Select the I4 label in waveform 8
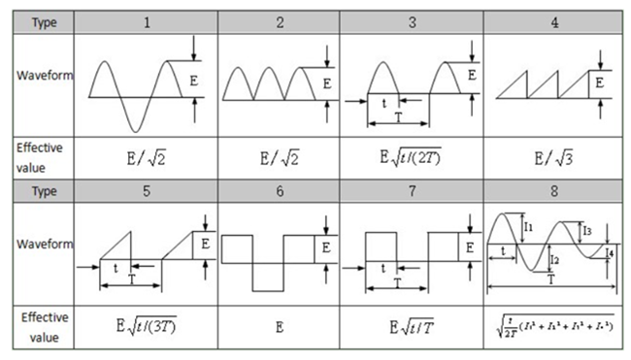609,255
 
